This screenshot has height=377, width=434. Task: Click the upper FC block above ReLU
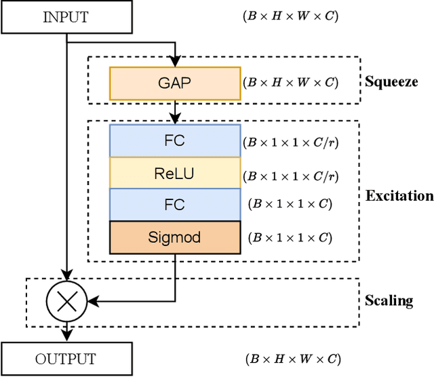(174, 141)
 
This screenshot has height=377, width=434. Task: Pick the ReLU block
(174, 174)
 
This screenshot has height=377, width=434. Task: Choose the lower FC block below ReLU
(174, 205)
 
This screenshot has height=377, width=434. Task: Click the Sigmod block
(174, 237)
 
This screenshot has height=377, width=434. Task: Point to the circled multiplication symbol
(65, 298)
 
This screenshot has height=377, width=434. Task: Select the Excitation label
(399, 196)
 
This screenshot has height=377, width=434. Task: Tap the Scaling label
(389, 300)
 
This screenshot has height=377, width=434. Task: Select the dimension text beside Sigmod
(290, 238)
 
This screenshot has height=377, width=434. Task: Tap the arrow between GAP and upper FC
(175, 111)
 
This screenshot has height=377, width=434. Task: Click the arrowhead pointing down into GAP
(175, 62)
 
